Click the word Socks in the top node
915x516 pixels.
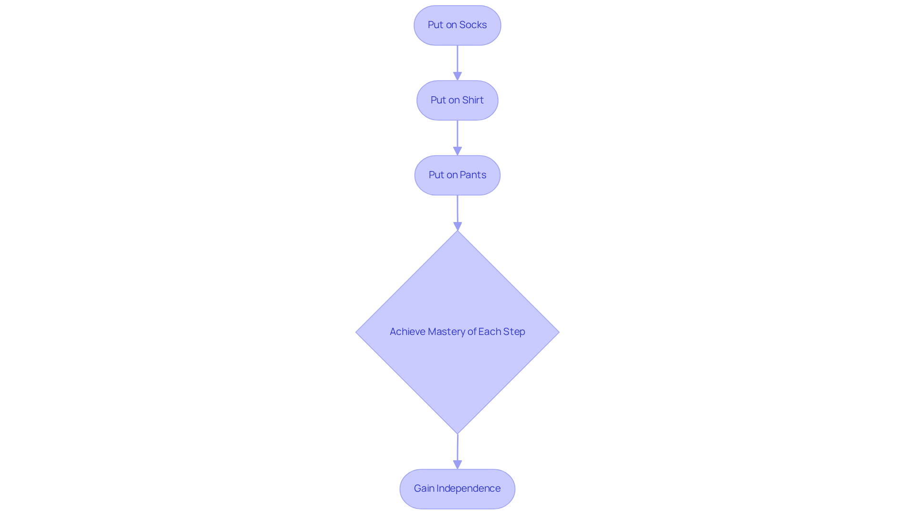click(x=473, y=25)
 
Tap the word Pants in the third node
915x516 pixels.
click(x=473, y=175)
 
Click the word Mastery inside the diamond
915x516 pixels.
click(x=446, y=332)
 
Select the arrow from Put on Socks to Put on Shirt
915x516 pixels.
click(x=457, y=60)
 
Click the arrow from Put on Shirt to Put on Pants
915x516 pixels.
click(x=457, y=134)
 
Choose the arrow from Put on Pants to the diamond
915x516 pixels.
click(x=457, y=210)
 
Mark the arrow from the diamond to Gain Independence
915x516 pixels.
click(x=457, y=448)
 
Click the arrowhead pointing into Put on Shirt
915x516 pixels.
click(x=457, y=76)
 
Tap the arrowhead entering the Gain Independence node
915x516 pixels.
click(x=457, y=465)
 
